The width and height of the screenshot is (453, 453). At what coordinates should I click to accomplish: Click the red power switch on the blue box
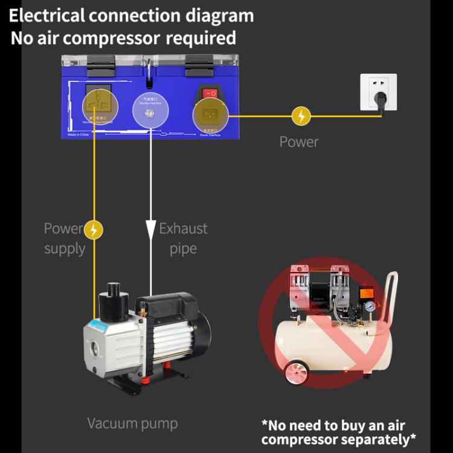tap(210, 94)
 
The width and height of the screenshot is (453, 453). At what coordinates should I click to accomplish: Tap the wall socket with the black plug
tap(378, 92)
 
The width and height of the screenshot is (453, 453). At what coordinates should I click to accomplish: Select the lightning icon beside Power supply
tap(94, 230)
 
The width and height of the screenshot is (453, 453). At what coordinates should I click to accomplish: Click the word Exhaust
tap(183, 228)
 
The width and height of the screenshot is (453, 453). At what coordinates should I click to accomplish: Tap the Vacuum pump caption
tap(132, 423)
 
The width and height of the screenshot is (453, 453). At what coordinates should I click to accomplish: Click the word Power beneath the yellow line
tap(298, 142)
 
